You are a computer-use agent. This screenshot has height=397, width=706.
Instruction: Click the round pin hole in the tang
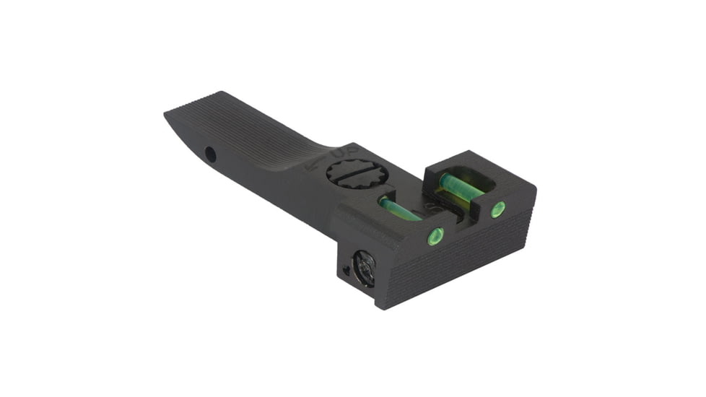(210, 154)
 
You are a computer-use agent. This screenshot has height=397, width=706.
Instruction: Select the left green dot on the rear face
(435, 235)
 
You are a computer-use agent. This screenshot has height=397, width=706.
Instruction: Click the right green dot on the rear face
(497, 211)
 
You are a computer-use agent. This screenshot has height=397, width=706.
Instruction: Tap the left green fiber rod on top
(400, 210)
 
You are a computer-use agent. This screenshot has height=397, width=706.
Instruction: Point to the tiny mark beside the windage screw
(347, 271)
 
